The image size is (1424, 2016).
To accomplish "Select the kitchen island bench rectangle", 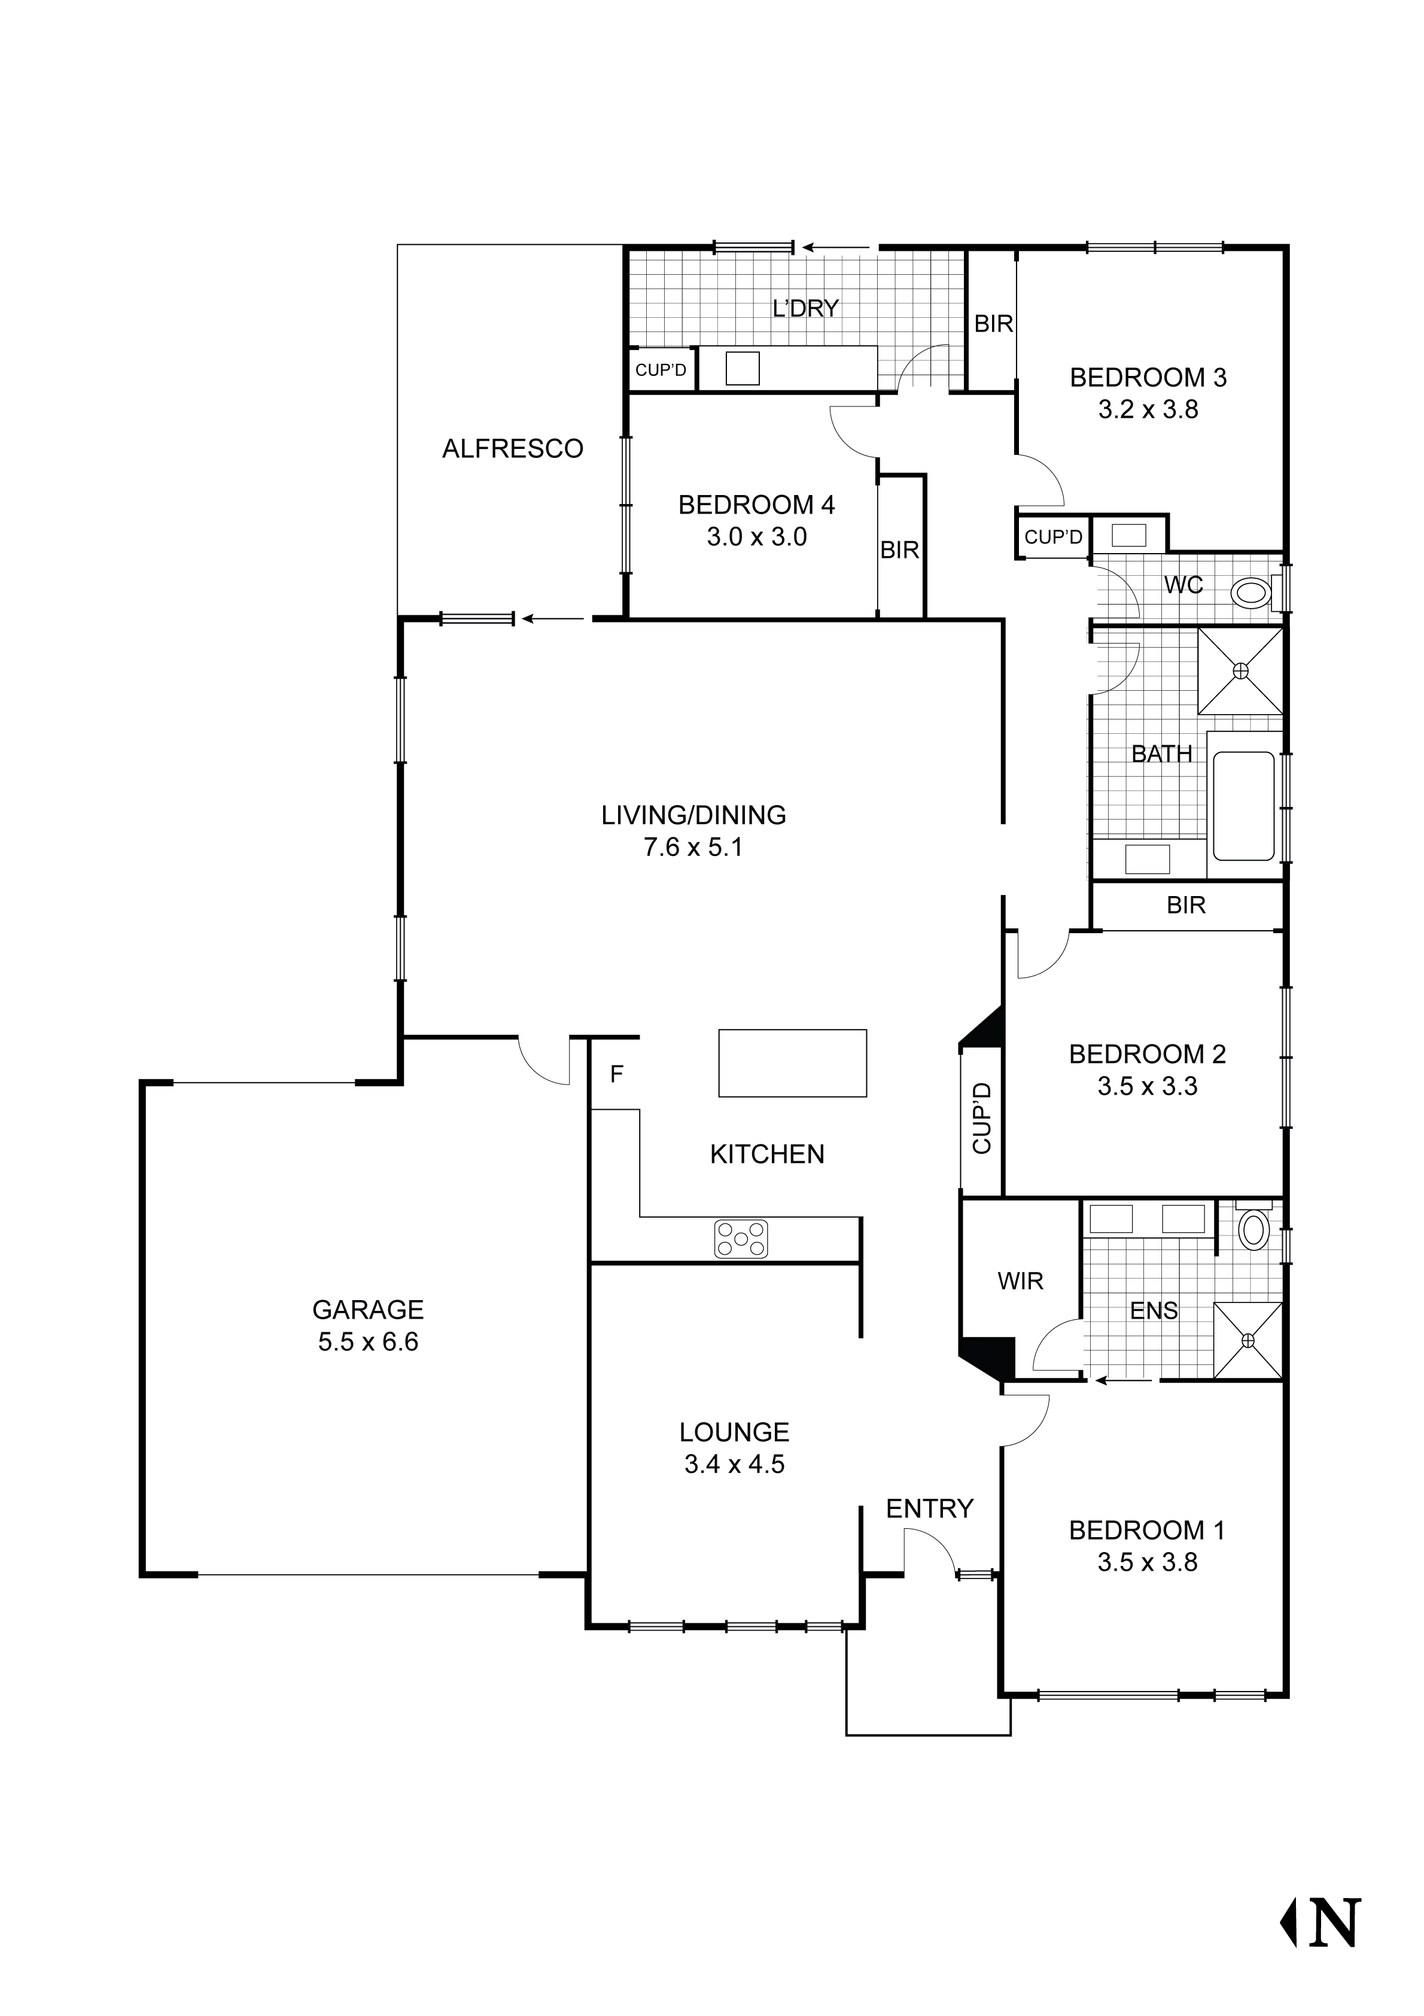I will pyautogui.click(x=792, y=1062).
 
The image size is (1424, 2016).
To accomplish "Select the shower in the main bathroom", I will pyautogui.click(x=1240, y=671).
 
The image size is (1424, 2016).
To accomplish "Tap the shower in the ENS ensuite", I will pyautogui.click(x=1247, y=1339).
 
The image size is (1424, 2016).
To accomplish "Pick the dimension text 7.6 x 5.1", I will pyautogui.click(x=693, y=848).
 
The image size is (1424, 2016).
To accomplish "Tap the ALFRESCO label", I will pyautogui.click(x=513, y=449).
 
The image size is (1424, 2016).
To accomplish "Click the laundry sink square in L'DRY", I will pyautogui.click(x=742, y=368).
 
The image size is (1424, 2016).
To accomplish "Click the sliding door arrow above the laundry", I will pyautogui.click(x=836, y=248).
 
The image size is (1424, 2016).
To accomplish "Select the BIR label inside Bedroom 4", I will pyautogui.click(x=900, y=549).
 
